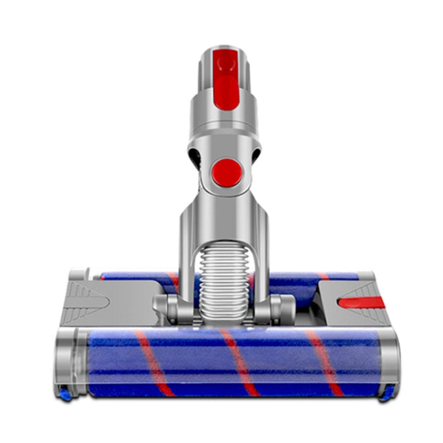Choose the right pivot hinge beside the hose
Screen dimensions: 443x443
point(272,308)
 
